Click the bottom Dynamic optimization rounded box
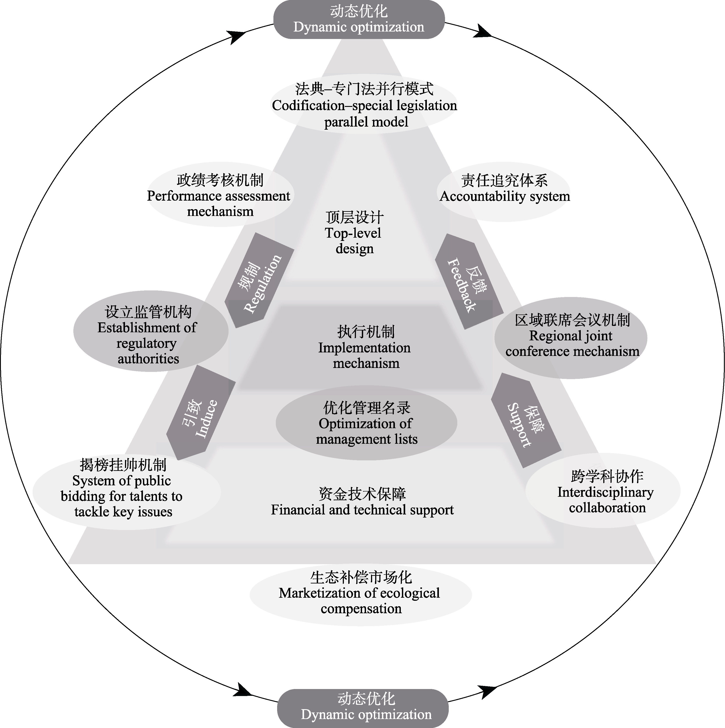point(363,709)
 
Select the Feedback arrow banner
point(468,282)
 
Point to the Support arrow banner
point(526,420)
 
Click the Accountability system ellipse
point(504,192)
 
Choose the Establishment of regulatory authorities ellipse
point(150,332)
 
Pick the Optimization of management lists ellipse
point(366,423)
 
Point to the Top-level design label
point(354,233)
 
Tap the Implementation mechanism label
point(364,347)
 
